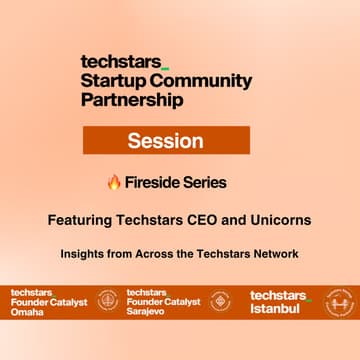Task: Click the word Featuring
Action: pyautogui.click(x=81, y=217)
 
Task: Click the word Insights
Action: pyautogui.click(x=84, y=254)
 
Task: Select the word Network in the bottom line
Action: pyautogui.click(x=270, y=254)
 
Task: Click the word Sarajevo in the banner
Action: pyautogui.click(x=146, y=311)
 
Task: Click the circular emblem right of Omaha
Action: pyautogui.click(x=106, y=301)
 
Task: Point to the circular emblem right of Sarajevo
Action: pyautogui.click(x=221, y=301)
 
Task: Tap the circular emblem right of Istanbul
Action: pyautogui.click(x=340, y=301)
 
